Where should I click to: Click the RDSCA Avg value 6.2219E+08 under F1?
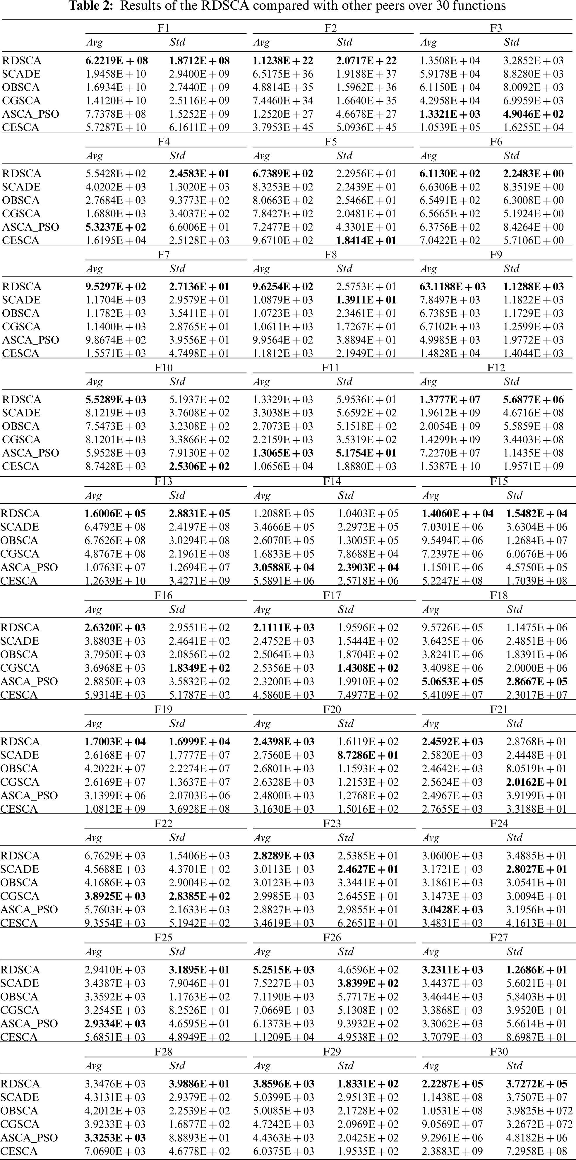117,61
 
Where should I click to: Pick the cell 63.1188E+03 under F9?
452,287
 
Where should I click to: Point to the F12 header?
496,368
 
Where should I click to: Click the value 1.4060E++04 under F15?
457,514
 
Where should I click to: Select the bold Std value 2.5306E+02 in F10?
199,466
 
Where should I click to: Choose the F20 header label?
332,710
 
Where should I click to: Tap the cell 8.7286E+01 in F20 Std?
368,755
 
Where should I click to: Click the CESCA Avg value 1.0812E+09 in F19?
116,809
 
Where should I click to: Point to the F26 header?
332,938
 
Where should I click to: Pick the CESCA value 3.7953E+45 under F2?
283,127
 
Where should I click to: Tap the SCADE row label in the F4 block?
21,187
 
